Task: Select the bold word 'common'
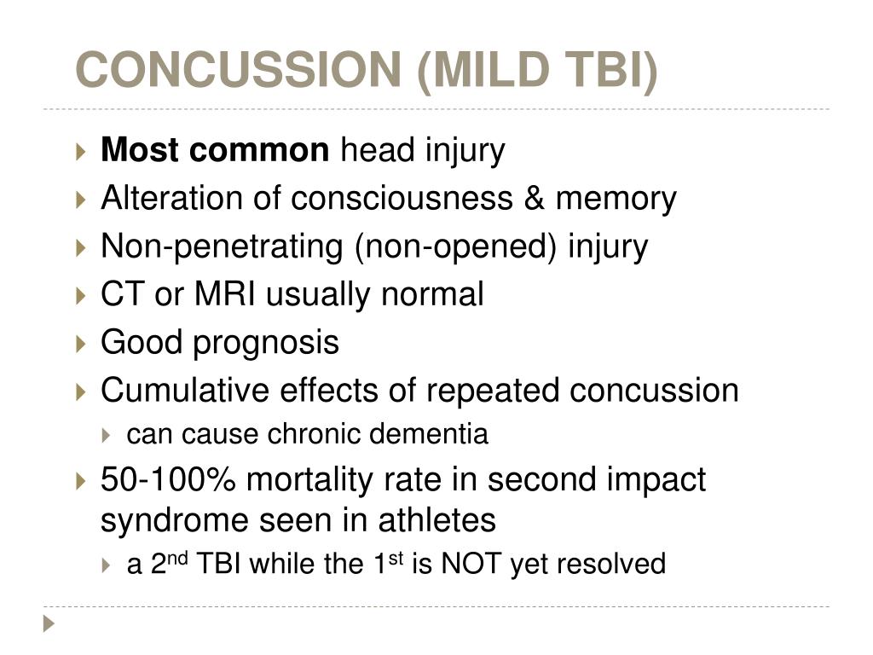[x=259, y=150]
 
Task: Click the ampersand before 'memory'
[x=534, y=198]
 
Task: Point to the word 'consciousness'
[x=402, y=198]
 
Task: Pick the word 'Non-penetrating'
[x=222, y=246]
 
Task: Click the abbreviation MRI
[x=224, y=294]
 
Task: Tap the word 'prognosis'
[x=266, y=343]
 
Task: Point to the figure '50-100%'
[x=168, y=479]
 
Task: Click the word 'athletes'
[x=437, y=521]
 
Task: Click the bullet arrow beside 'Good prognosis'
[x=81, y=344]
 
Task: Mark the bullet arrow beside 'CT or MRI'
[x=81, y=296]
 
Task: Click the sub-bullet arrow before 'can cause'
[x=107, y=435]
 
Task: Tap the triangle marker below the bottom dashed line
[x=49, y=623]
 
